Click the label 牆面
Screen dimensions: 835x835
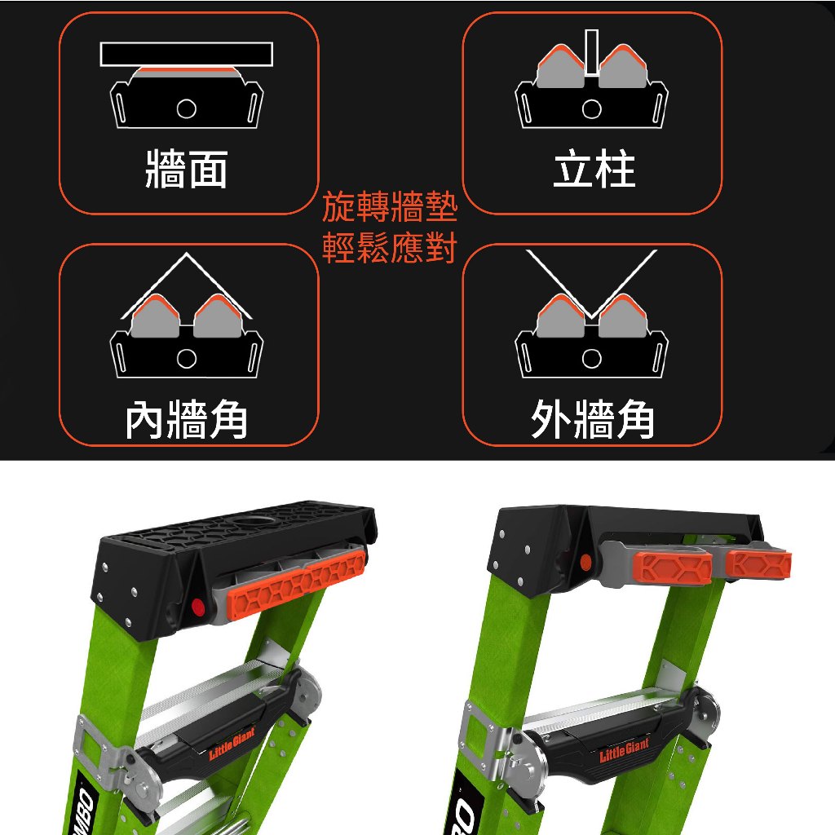[x=187, y=170]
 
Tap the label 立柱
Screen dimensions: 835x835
[x=594, y=170]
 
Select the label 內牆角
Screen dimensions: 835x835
[x=187, y=420]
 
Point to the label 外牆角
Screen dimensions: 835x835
[x=593, y=420]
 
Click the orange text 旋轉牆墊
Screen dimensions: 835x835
[x=390, y=206]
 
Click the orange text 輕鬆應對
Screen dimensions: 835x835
[x=390, y=248]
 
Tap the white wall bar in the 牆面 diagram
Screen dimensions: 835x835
[x=187, y=55]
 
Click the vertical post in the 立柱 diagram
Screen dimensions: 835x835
[x=591, y=51]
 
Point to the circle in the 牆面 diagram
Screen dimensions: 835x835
[x=187, y=108]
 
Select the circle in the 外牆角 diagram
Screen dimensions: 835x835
[x=592, y=359]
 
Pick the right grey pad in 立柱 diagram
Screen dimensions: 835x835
[x=623, y=68]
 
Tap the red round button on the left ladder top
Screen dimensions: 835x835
[x=197, y=606]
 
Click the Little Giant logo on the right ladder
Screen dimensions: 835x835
[x=624, y=750]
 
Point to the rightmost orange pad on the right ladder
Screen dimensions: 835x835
[x=758, y=564]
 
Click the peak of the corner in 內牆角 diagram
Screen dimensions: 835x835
[x=186, y=254]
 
